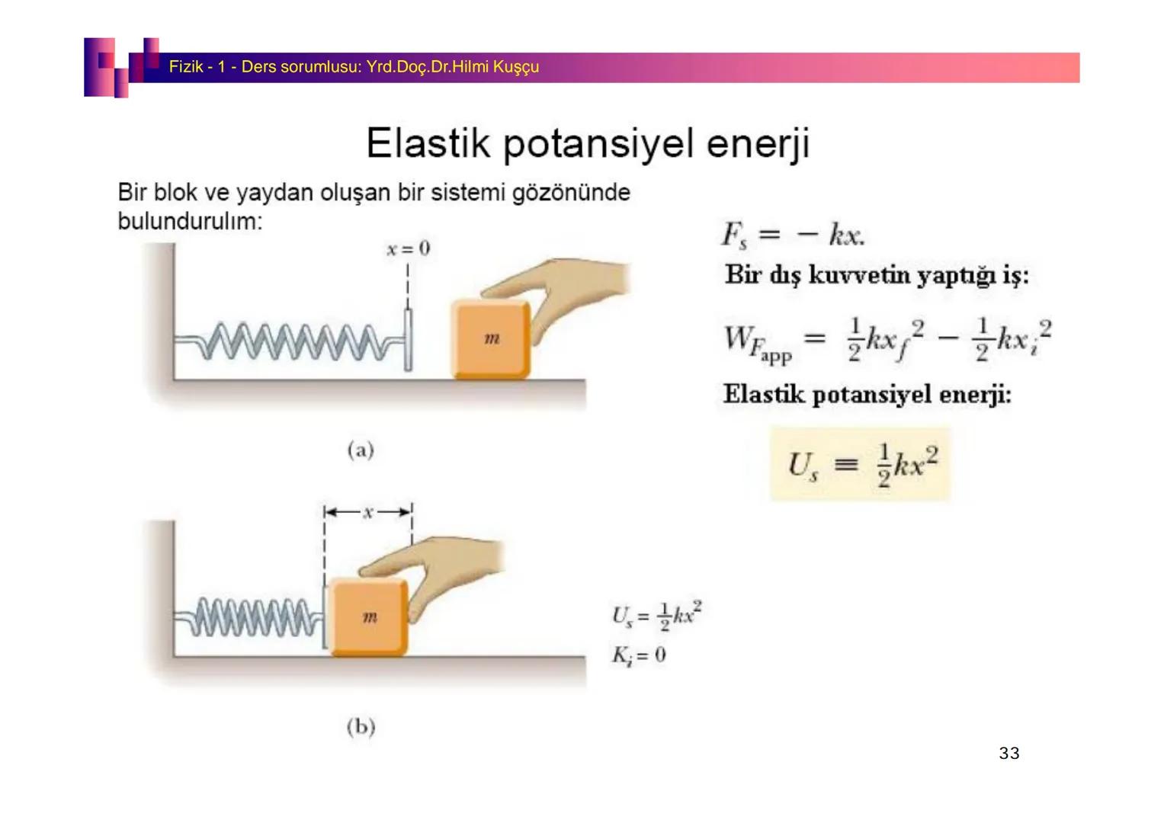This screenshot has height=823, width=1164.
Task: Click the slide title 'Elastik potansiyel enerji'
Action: click(x=587, y=144)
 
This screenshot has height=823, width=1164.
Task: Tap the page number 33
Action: click(x=1008, y=754)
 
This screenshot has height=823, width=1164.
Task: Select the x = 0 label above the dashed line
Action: click(x=408, y=249)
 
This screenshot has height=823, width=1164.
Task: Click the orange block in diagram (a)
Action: click(x=491, y=339)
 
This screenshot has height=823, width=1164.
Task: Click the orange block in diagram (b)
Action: click(x=369, y=617)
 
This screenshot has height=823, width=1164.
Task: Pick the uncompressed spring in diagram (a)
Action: click(x=290, y=341)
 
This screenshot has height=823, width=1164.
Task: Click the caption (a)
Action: click(x=361, y=450)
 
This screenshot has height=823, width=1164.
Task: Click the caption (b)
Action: click(x=361, y=727)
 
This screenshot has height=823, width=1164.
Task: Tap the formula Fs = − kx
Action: click(x=793, y=235)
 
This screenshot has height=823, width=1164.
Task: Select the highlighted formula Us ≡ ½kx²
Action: click(x=861, y=464)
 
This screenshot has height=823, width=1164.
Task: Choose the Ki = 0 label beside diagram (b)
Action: click(x=639, y=655)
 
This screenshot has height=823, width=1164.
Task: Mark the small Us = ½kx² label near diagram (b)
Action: click(x=656, y=615)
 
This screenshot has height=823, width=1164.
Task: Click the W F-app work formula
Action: click(x=887, y=340)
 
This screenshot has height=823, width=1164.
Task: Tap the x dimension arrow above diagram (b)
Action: click(x=368, y=513)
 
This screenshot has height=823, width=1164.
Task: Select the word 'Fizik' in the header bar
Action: click(x=186, y=67)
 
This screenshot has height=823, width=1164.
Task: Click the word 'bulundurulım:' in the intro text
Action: click(x=190, y=222)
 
